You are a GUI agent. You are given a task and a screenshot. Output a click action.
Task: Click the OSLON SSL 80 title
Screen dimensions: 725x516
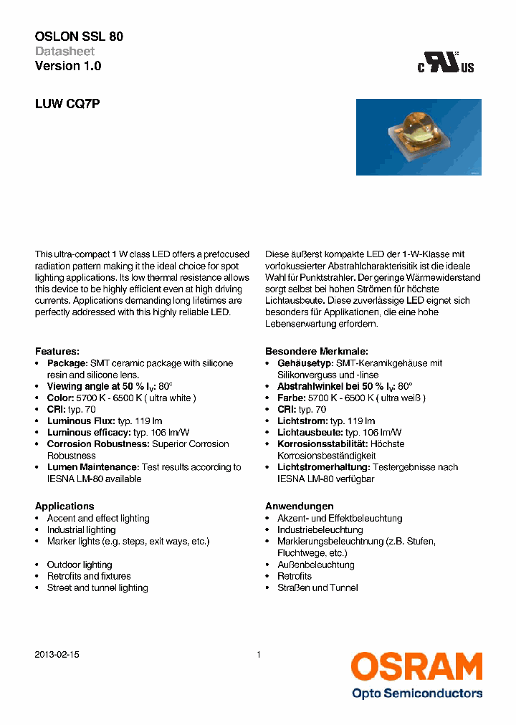(x=79, y=36)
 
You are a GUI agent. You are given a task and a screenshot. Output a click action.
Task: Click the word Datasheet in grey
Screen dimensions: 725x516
(x=64, y=51)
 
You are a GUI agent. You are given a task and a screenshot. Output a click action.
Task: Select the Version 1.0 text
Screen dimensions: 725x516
(x=68, y=66)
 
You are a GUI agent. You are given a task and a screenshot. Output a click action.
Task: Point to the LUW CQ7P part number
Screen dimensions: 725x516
(x=67, y=104)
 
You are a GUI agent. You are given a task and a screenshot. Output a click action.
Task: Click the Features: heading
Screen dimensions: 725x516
(x=57, y=352)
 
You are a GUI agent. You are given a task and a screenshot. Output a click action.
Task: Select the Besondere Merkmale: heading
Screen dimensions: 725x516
(x=316, y=352)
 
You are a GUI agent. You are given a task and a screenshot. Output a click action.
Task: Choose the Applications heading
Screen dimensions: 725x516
(x=64, y=506)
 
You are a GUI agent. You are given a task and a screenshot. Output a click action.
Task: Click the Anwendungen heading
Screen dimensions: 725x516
(x=299, y=506)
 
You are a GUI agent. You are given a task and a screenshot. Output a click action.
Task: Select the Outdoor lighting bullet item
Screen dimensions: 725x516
(x=80, y=565)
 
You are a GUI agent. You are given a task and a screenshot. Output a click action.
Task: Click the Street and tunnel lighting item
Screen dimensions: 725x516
(x=97, y=588)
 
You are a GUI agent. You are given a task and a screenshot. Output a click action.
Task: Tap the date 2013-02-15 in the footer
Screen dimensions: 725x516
(x=57, y=655)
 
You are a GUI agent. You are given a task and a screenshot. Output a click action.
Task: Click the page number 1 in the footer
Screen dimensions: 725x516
(x=258, y=655)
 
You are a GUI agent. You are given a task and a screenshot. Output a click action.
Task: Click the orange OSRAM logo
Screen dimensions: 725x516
(x=416, y=667)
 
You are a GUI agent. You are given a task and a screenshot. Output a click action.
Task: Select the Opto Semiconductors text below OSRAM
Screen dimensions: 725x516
(x=416, y=693)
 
